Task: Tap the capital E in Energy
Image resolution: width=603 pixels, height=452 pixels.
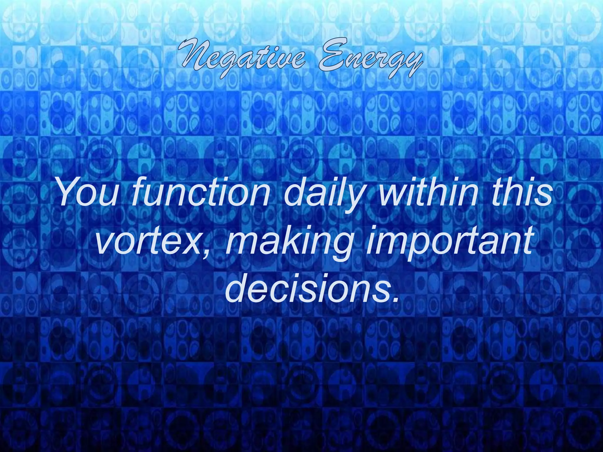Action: click(330, 56)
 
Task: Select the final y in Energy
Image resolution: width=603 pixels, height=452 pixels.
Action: click(412, 63)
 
